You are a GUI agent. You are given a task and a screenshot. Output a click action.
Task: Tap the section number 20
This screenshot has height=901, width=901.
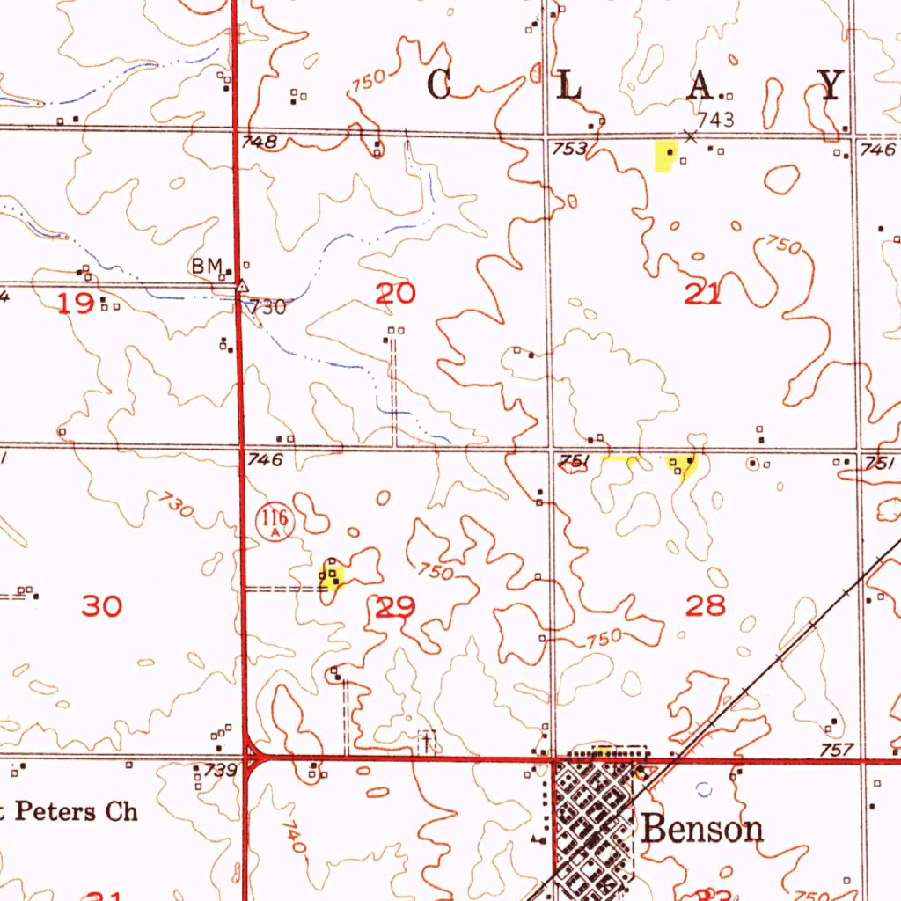[x=395, y=295]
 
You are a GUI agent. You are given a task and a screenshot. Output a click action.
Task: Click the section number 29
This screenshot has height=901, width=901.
[x=395, y=607]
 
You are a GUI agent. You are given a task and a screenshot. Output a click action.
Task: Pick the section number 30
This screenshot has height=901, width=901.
[x=101, y=605]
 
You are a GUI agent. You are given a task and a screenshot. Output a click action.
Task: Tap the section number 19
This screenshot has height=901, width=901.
[x=77, y=304]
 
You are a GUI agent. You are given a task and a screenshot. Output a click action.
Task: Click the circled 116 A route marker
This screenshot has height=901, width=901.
[x=274, y=522]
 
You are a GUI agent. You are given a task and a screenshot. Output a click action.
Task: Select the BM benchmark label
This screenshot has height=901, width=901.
[x=208, y=265]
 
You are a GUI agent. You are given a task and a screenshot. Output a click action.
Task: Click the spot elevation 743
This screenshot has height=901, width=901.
[x=715, y=119]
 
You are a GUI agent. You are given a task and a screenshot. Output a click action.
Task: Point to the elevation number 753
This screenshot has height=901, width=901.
[x=569, y=149]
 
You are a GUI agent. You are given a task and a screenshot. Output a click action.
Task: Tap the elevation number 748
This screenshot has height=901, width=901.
[x=260, y=142]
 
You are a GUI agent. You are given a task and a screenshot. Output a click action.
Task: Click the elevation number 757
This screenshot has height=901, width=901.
[x=836, y=750]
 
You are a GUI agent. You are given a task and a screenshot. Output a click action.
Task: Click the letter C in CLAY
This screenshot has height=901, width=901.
[x=441, y=84]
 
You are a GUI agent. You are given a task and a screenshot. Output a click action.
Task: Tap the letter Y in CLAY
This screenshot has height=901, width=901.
[x=831, y=84]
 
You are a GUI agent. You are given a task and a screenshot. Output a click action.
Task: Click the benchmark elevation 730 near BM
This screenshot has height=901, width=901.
[x=267, y=307]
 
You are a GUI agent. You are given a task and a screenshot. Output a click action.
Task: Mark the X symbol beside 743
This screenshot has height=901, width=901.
[x=691, y=136]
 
